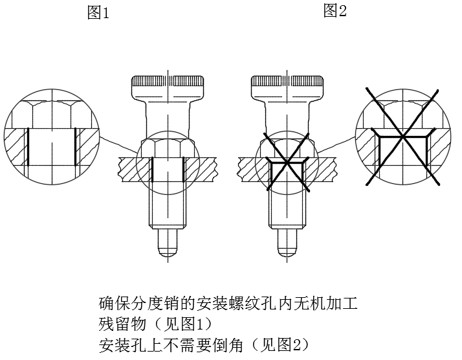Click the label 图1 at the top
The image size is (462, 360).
tap(98, 13)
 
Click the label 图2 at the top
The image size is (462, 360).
tap(335, 10)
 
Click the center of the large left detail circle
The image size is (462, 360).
tap(52, 137)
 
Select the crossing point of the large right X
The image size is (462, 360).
tap(402, 136)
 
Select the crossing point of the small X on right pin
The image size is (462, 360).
tap(287, 162)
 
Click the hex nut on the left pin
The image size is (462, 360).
tap(168, 148)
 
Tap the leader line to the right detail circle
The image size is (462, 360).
tap(337, 145)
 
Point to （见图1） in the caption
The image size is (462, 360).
tap(182, 324)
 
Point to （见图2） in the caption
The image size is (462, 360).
tap(280, 345)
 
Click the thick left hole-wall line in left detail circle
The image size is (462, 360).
tap(28, 146)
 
